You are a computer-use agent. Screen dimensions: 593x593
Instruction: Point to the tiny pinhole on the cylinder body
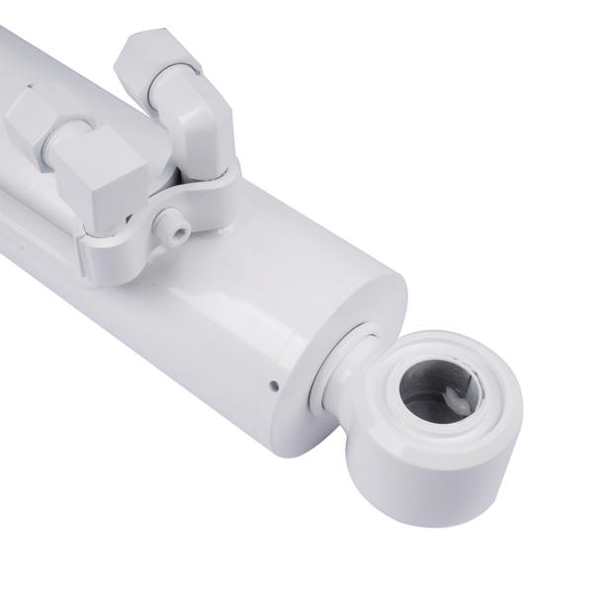click(273, 385)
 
